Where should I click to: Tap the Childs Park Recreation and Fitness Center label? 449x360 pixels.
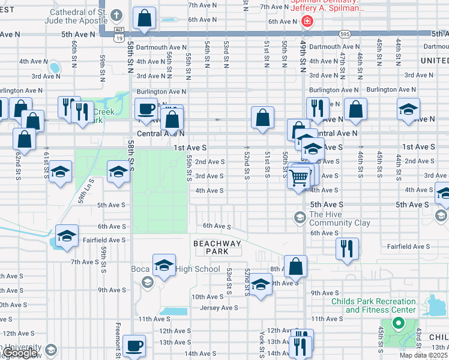380,305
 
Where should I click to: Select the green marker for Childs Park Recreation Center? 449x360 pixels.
396,325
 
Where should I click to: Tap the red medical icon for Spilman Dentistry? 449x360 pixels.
307,22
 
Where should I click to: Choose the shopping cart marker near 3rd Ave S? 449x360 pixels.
299,176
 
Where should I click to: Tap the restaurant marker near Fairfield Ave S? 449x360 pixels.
347,248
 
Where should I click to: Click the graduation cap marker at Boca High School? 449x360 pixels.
163,265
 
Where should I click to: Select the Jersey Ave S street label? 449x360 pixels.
218,308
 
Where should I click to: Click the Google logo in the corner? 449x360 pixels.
19,353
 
